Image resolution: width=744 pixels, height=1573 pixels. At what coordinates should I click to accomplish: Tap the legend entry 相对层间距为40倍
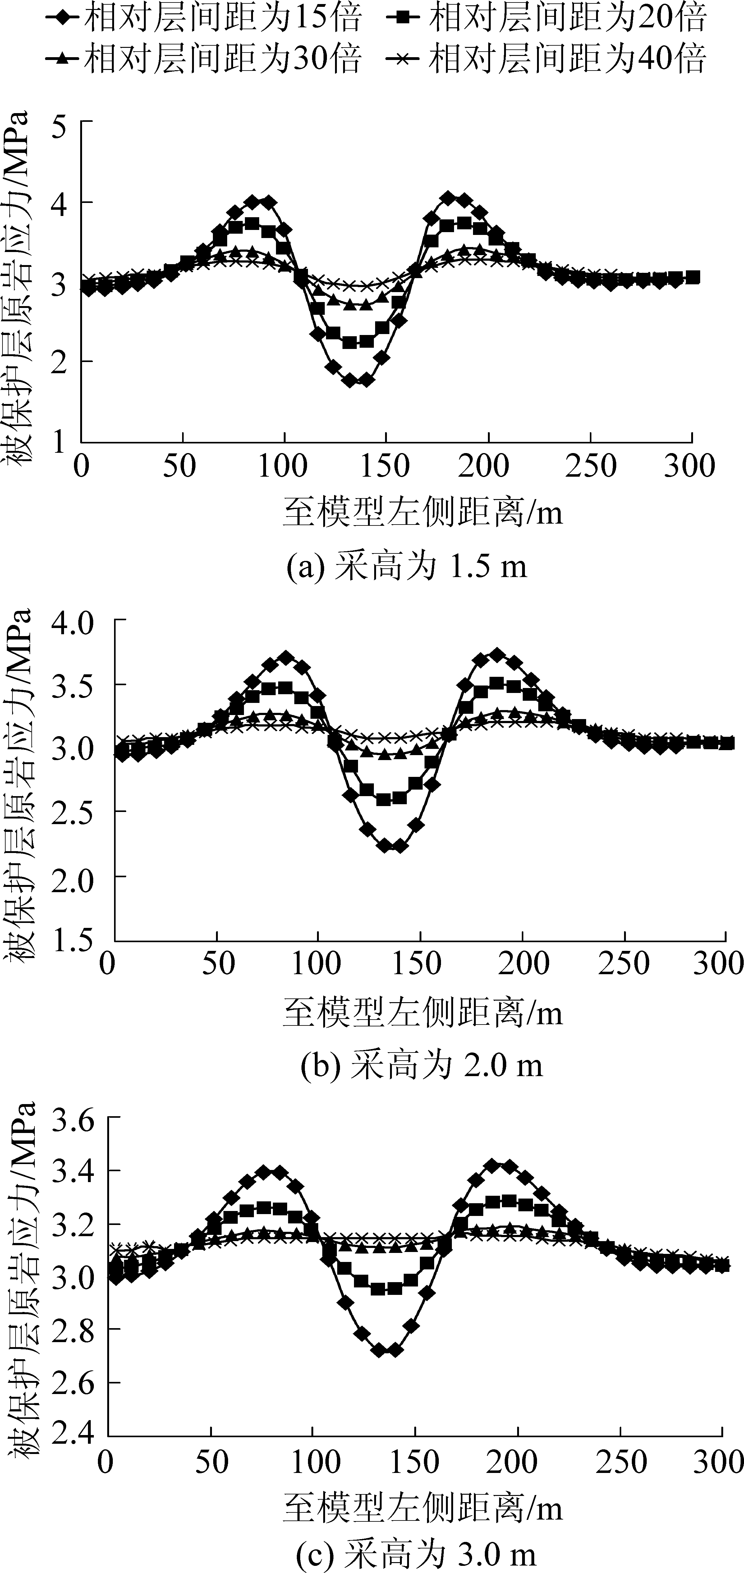[x=547, y=58]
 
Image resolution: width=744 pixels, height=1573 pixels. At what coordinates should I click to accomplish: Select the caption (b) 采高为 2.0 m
[x=421, y=1066]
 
